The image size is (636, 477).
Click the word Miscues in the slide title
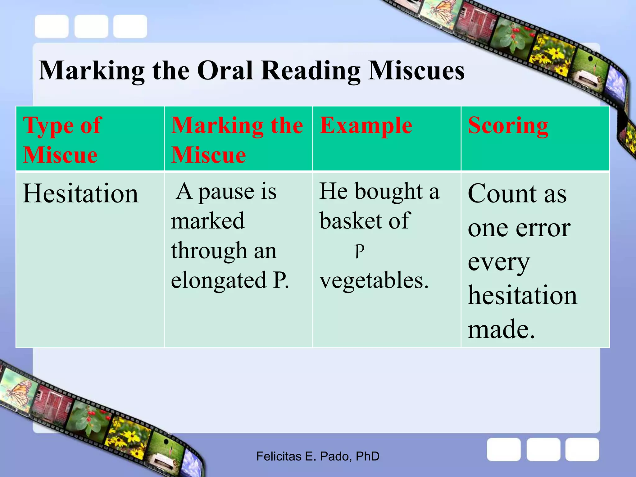click(x=416, y=71)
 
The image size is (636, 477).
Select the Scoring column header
click(x=508, y=126)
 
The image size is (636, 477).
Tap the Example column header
click(x=366, y=126)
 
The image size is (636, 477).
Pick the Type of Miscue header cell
click(x=62, y=140)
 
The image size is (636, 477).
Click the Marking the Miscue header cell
click(x=237, y=140)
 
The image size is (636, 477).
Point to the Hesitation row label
click(x=80, y=193)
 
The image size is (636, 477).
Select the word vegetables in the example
click(x=374, y=280)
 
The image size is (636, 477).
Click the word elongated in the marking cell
click(x=219, y=280)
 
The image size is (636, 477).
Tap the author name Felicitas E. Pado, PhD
click(x=318, y=456)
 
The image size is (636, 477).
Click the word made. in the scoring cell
click(x=501, y=329)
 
